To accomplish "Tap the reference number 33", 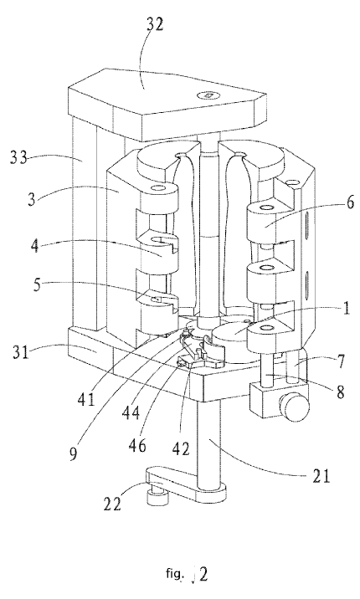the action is pos(18,156).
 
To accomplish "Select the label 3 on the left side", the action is pos(32,200).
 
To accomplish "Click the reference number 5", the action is pos(36,284).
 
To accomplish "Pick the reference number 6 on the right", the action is pos(350,202).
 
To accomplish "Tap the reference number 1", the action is pos(346,309).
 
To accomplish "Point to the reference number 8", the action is pos(339,392).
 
